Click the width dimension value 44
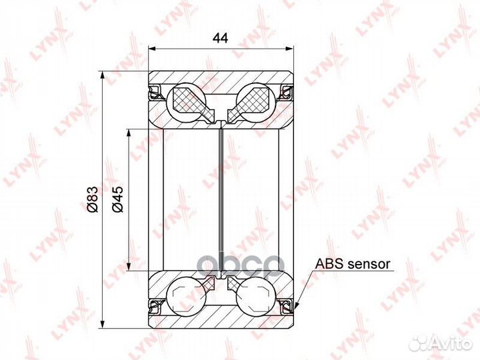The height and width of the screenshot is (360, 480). coord(220,39)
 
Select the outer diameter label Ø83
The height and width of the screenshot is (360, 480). coord(93,199)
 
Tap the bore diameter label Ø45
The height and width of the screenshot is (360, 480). coord(117,199)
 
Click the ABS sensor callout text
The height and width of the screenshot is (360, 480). coord(353,264)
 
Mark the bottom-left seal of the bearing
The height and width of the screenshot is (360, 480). coord(155,306)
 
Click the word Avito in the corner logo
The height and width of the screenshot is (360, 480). coord(451,343)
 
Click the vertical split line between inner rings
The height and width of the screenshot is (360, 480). coord(221,200)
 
